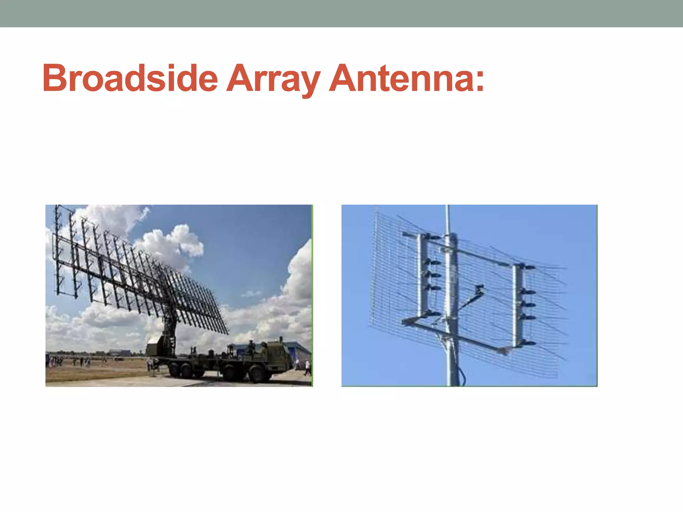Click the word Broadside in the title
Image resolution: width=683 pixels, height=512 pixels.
pyautogui.click(x=130, y=78)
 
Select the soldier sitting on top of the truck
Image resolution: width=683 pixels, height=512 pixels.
pyautogui.click(x=251, y=347)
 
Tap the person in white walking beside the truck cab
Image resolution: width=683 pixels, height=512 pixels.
pyautogui.click(x=307, y=367)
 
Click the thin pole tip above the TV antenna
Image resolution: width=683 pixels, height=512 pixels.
pyautogui.click(x=448, y=217)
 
